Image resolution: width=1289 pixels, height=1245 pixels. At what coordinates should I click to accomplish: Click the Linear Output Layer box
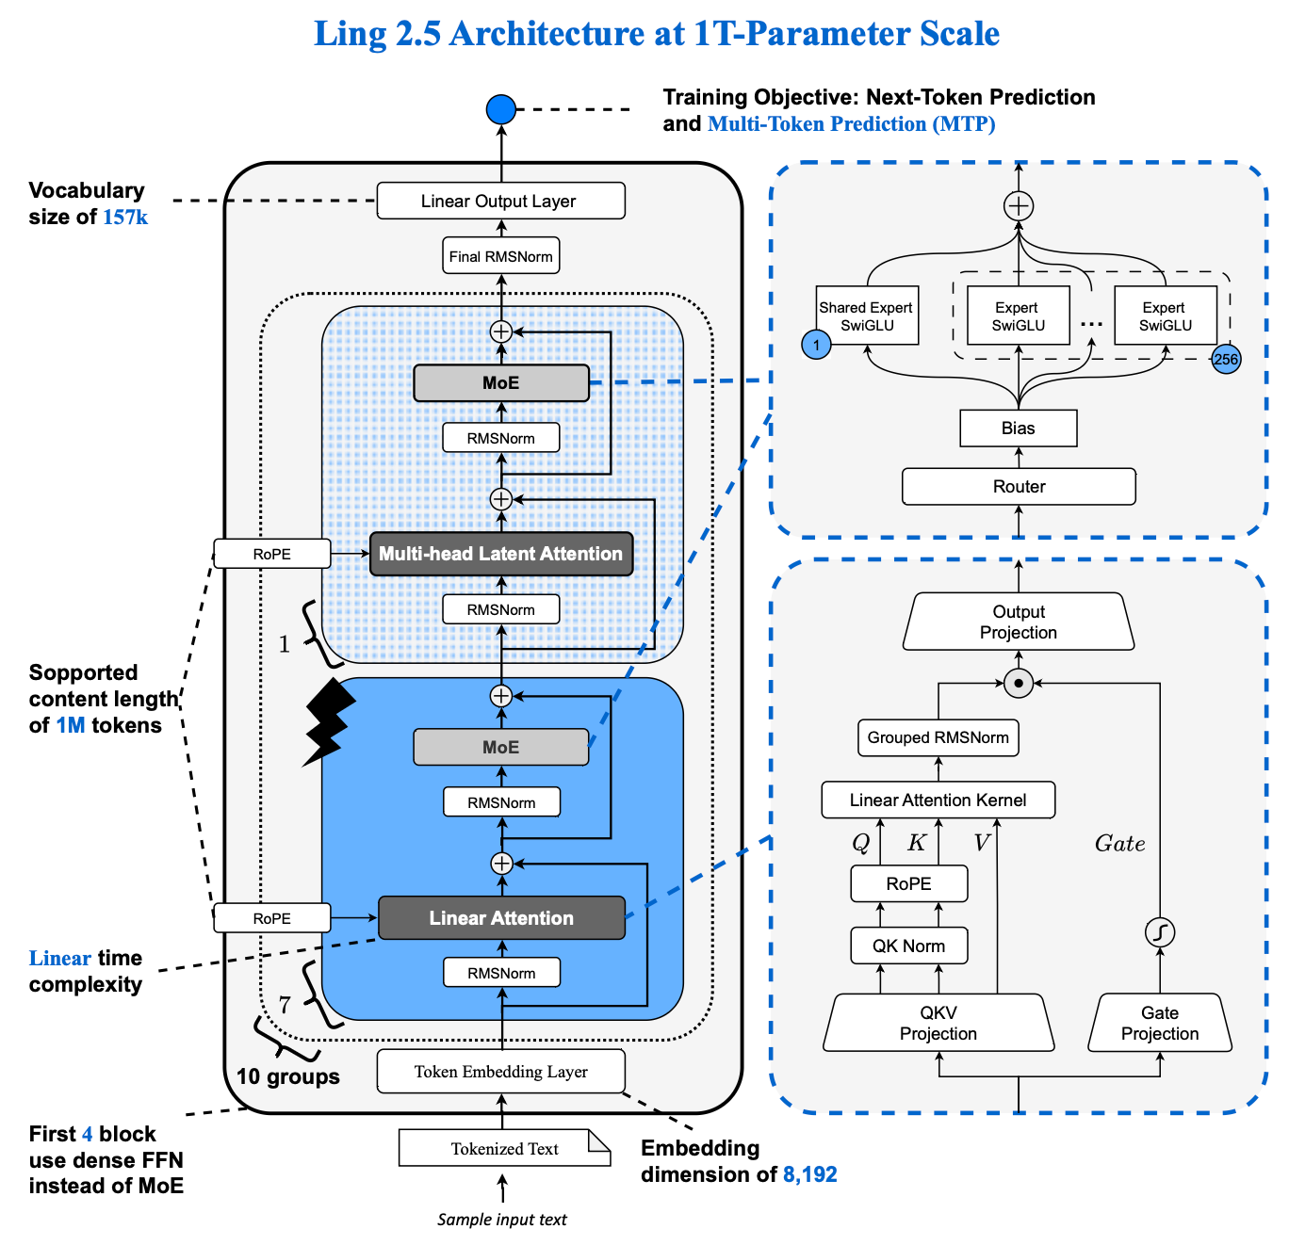(x=500, y=201)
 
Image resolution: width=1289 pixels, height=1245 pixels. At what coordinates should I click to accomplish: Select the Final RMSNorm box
(x=500, y=256)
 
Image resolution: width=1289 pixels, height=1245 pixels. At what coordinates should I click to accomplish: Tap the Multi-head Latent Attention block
(x=500, y=554)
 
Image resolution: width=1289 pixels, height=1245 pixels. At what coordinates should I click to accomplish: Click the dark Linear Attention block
(x=501, y=918)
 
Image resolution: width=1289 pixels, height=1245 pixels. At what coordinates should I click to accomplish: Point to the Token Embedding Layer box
(x=500, y=1072)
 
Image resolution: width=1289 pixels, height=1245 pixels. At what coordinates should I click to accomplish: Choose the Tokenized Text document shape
(x=504, y=1148)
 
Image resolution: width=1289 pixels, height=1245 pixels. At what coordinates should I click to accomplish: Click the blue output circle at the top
(x=501, y=109)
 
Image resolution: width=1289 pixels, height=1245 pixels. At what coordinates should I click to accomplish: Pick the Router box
(x=1019, y=487)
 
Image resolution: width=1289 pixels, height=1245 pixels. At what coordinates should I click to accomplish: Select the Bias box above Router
(x=1018, y=428)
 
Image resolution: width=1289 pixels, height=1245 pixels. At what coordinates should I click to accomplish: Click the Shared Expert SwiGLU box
(x=867, y=316)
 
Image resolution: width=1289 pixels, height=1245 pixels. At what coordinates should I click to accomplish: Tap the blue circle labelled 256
(x=1226, y=359)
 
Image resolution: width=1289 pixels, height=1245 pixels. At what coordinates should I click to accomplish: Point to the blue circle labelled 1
(x=817, y=345)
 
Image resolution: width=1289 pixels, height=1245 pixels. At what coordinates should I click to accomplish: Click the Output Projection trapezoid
(x=1019, y=622)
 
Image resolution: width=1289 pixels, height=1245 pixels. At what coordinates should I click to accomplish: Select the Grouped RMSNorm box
(x=938, y=737)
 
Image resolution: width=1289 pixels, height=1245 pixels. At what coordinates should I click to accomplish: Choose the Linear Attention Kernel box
(x=938, y=800)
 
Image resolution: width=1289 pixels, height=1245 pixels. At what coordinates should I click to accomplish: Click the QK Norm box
(x=908, y=946)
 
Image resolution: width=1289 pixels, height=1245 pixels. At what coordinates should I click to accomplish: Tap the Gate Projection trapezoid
(x=1160, y=1023)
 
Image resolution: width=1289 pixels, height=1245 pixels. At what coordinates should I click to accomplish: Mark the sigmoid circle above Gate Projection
(x=1160, y=932)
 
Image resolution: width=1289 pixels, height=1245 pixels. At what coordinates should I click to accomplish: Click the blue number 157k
(x=125, y=218)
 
